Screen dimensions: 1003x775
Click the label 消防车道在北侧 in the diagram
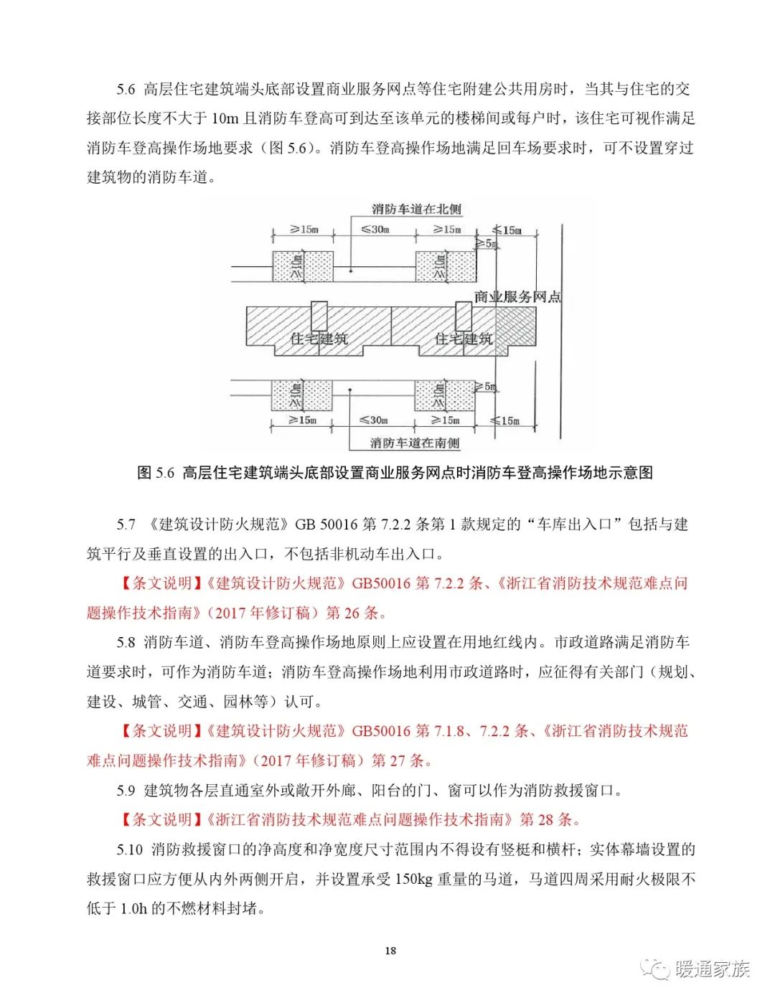pos(416,209)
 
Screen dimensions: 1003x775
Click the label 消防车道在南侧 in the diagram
pos(415,443)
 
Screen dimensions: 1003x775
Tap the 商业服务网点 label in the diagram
pos(517,296)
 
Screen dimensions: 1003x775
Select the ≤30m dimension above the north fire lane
pos(375,230)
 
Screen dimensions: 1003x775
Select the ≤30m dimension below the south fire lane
pos(373,420)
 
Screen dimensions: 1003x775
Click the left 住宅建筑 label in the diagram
pos(319,339)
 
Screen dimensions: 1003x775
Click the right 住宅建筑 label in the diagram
pos(464,339)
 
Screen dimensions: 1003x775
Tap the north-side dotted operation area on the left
pos(302,266)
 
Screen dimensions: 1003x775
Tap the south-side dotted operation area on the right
pos(444,395)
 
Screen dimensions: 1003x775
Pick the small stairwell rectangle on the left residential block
pos(319,316)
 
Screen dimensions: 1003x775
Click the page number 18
pos(390,951)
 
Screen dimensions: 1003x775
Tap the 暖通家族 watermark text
pos(712,969)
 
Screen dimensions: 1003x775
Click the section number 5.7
pos(126,524)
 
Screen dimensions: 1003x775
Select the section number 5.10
pos(130,849)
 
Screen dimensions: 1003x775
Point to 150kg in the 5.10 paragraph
pos(414,879)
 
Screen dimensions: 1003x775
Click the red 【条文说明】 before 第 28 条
pos(162,819)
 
